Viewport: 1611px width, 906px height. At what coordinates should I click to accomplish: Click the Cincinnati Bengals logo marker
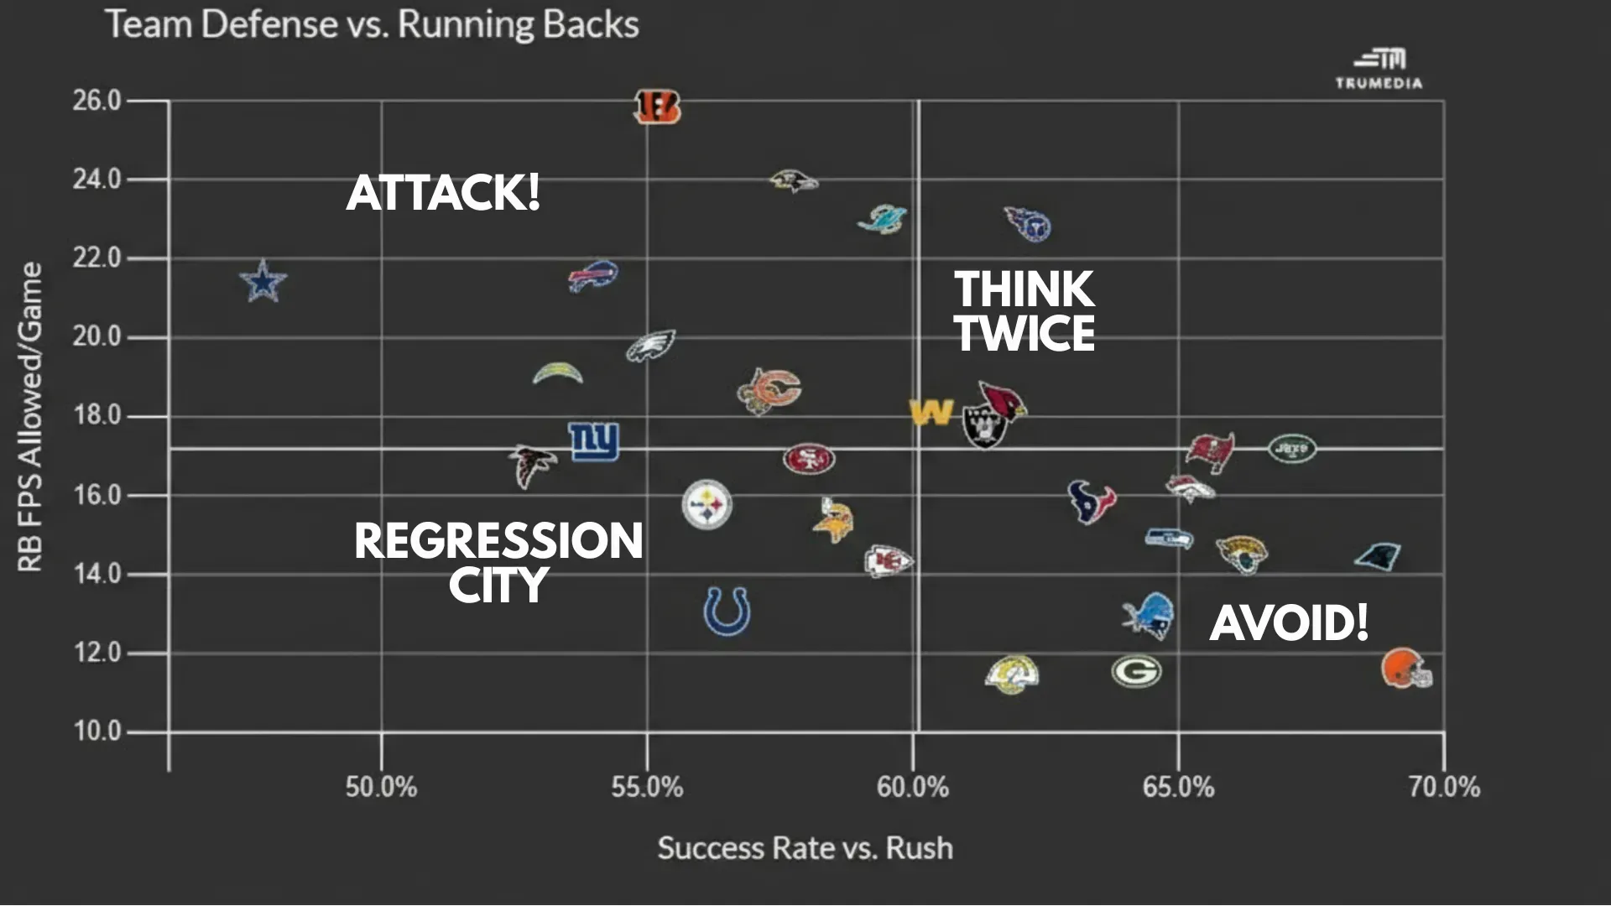tap(657, 107)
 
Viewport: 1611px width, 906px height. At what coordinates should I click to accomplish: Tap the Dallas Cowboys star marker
tap(263, 281)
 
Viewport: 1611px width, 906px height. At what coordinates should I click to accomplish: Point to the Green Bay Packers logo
tap(1136, 671)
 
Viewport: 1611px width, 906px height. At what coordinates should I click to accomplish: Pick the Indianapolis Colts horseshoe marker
tap(727, 611)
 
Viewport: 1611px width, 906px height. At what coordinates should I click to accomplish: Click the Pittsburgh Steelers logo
tap(707, 504)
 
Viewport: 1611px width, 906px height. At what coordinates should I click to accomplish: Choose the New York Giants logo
tap(594, 441)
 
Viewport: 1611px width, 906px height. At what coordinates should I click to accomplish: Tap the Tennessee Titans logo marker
tap(1028, 223)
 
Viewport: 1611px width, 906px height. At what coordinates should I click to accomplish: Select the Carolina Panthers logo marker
tap(1378, 555)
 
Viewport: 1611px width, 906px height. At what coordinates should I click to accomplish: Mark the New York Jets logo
tap(1292, 449)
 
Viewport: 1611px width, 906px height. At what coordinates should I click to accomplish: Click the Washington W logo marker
tap(931, 412)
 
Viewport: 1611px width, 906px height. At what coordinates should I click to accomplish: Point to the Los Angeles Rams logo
tap(1013, 674)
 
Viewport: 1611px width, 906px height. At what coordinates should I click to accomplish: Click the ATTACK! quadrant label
tap(443, 193)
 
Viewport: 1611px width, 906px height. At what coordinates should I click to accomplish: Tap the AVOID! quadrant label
tap(1289, 623)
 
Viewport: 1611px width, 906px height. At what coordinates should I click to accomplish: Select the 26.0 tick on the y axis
tap(96, 101)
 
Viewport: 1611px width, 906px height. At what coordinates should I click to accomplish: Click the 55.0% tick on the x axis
tap(647, 787)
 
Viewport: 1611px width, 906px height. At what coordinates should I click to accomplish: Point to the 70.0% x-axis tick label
tap(1444, 787)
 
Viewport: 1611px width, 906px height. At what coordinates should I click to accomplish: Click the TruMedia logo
tap(1379, 69)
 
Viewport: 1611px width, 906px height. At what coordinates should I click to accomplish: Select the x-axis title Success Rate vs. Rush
tap(805, 848)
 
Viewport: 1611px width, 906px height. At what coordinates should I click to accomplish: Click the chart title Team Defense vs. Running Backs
tap(372, 24)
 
